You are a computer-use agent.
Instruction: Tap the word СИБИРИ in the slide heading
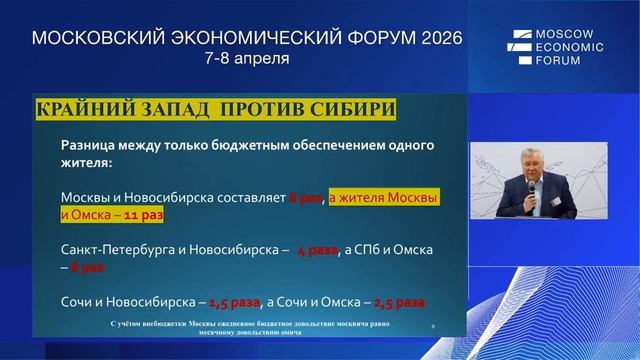click(x=350, y=108)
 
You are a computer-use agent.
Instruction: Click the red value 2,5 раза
click(x=398, y=301)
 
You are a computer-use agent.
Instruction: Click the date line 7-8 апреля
click(x=247, y=58)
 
